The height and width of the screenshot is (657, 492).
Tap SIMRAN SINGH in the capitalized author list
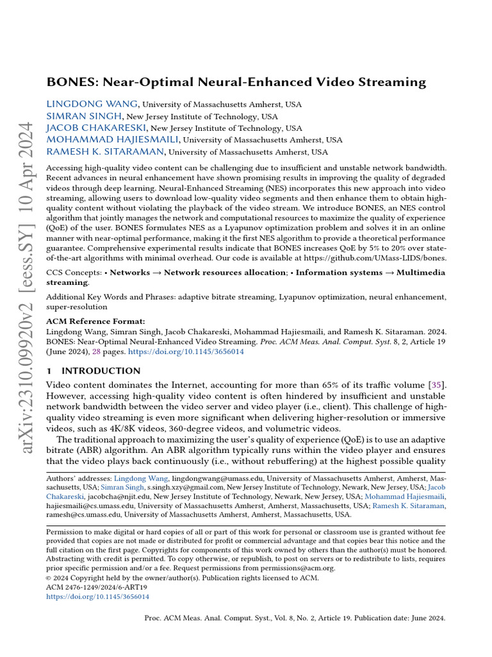click(x=85, y=116)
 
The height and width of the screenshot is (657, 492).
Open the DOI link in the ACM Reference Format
click(x=186, y=352)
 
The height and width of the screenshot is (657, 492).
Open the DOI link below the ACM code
click(x=98, y=596)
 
